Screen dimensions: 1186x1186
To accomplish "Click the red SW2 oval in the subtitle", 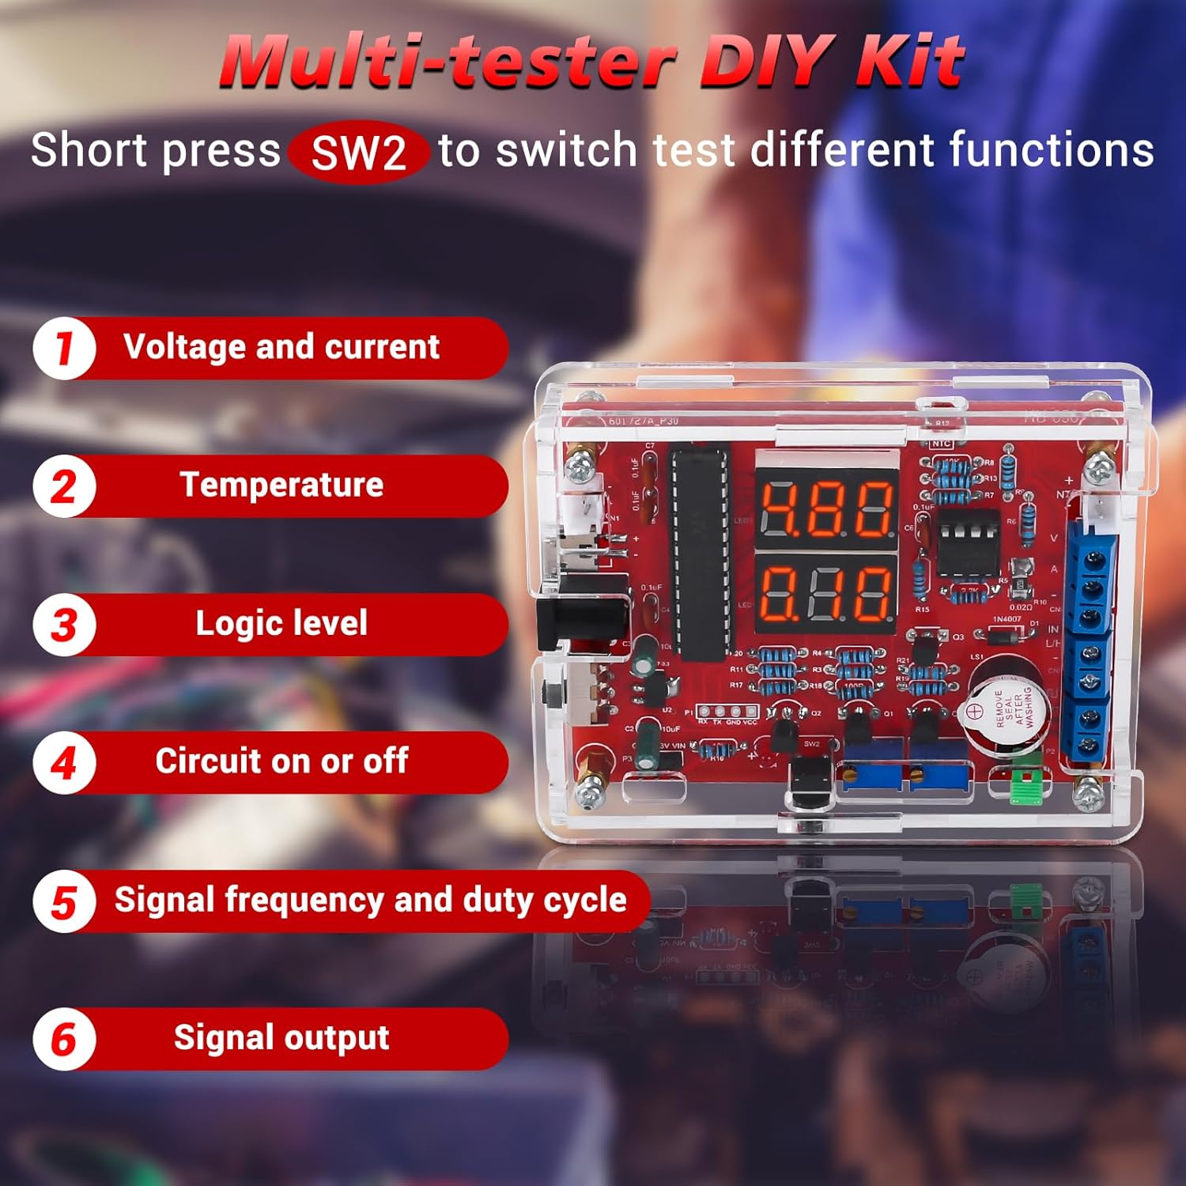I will (x=358, y=152).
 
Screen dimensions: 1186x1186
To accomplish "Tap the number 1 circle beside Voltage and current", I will (x=64, y=348).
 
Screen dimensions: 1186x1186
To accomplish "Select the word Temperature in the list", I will (x=281, y=485).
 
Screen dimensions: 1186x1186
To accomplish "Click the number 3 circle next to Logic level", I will (x=64, y=625).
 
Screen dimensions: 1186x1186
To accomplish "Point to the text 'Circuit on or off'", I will (x=281, y=761).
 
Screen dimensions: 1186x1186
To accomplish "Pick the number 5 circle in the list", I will (x=64, y=901).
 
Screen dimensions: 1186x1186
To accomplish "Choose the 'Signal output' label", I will (x=281, y=1037).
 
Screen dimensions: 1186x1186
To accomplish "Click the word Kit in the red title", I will (x=910, y=61).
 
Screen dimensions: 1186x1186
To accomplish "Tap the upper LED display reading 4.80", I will (x=826, y=508).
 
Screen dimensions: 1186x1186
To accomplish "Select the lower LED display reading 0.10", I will (x=826, y=593).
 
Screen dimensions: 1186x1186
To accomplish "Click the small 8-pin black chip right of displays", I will (x=967, y=540).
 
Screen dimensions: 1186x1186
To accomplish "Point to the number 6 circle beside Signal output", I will (x=64, y=1039).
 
